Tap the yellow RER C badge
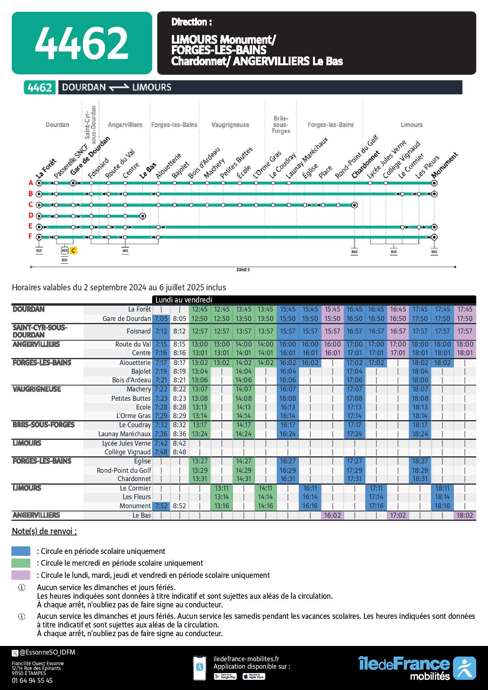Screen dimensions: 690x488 tap(74, 250)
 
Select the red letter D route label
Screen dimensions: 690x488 tap(30, 216)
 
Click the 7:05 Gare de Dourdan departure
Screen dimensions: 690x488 tap(161, 319)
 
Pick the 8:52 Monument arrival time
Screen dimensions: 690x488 tap(179, 506)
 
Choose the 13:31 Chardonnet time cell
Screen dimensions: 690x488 tap(200, 479)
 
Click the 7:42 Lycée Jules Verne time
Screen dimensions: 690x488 tap(161, 443)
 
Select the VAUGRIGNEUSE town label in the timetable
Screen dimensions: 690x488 tap(37, 389)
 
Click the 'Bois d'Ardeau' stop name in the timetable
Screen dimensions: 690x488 tap(131, 380)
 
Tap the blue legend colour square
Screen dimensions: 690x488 tap(21, 551)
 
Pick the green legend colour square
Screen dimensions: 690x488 tap(21, 563)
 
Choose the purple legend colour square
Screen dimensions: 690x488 tap(21, 575)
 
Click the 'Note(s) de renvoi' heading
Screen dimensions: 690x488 tap(44, 531)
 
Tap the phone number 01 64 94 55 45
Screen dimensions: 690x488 tap(32, 680)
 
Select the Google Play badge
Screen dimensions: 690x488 tap(225, 676)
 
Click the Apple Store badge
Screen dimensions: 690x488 tap(253, 676)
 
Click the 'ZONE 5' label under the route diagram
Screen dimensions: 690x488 tap(243, 270)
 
